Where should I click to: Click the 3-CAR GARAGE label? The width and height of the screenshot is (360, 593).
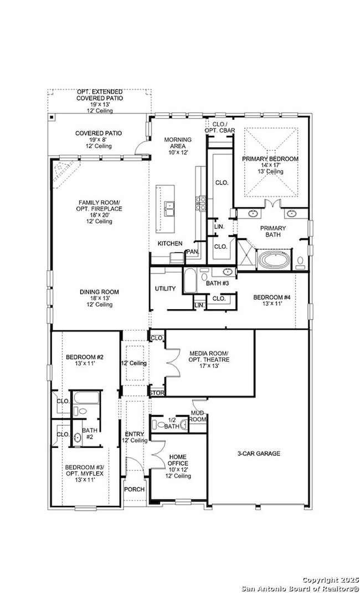[x=259, y=453]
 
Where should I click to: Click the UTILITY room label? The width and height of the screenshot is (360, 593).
[x=165, y=289]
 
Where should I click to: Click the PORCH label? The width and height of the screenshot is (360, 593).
[x=134, y=489]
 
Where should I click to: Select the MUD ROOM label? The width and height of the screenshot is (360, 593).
[x=197, y=416]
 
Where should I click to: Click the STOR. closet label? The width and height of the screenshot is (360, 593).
[x=156, y=393]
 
